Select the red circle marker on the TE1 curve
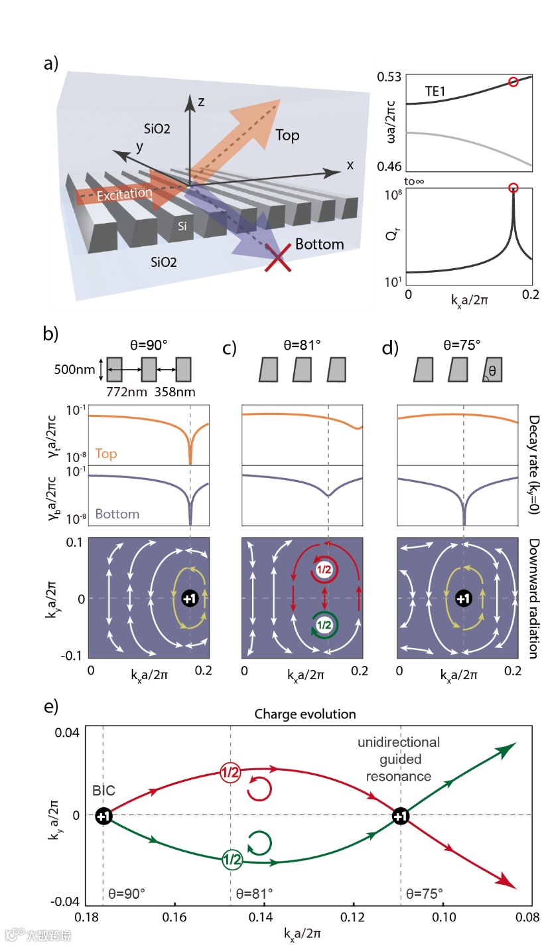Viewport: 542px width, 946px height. point(513,82)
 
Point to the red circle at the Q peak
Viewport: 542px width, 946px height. point(513,188)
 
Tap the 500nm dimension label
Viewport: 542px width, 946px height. point(70,370)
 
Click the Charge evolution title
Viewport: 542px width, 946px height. point(315,714)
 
